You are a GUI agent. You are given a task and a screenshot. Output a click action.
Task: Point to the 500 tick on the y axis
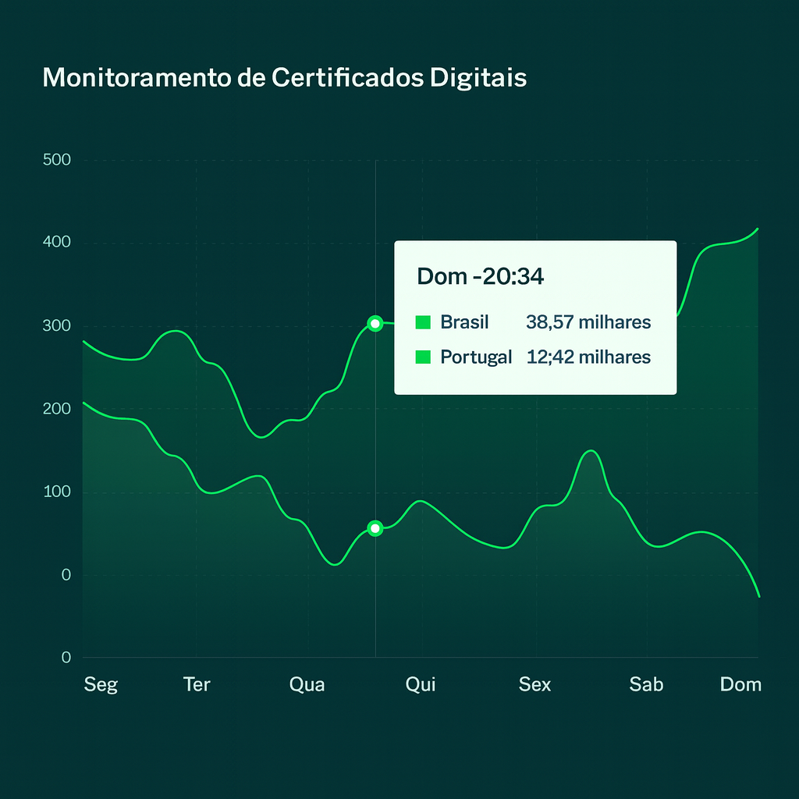pos(57,160)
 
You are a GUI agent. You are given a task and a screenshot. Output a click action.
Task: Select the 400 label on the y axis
pos(57,243)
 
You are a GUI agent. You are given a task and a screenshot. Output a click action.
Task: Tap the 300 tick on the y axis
pos(57,325)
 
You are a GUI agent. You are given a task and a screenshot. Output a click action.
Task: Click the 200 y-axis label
pos(57,408)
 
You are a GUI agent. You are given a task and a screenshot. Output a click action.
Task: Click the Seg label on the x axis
pos(101,684)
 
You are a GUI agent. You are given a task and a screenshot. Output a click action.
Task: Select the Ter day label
pos(197,684)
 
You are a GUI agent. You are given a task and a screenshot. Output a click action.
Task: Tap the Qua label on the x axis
pos(307,684)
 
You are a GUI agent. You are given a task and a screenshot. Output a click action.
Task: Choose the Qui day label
pos(421,684)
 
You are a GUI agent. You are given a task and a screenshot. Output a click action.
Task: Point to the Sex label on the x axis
pos(534,684)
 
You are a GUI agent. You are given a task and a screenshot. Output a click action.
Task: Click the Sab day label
pos(646,684)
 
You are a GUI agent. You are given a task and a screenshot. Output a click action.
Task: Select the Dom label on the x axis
pos(740,684)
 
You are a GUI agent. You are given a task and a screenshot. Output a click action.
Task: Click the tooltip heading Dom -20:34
pos(481,276)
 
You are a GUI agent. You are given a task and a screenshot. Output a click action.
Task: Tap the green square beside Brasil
pos(424,322)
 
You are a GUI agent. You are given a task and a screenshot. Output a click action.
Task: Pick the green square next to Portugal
pos(424,357)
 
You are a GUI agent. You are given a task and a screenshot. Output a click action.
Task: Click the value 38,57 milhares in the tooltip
pos(588,322)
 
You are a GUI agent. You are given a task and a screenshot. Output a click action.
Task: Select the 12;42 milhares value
pos(588,357)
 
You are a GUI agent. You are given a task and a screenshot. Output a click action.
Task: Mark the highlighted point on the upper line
pos(375,323)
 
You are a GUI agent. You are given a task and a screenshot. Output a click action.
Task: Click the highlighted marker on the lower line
pos(375,528)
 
